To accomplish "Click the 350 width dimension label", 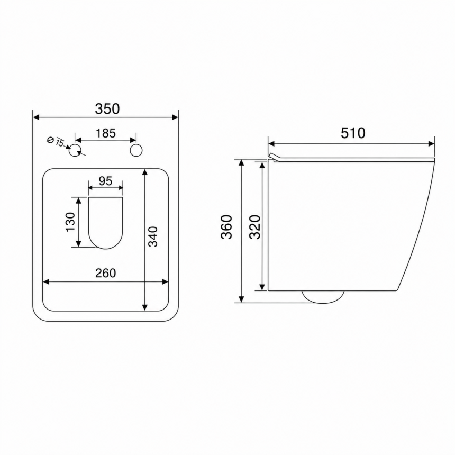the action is pyautogui.click(x=107, y=109).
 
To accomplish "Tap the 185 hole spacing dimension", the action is pyautogui.click(x=106, y=133).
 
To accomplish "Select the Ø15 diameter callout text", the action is pyautogui.click(x=56, y=141).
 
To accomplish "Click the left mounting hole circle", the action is pyautogui.click(x=75, y=151).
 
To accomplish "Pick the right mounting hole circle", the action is pyautogui.click(x=136, y=151).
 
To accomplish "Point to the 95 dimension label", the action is pyautogui.click(x=105, y=181).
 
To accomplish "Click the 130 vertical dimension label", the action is pyautogui.click(x=70, y=222).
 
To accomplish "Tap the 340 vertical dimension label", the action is pyautogui.click(x=153, y=237).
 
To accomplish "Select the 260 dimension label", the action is pyautogui.click(x=106, y=273).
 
